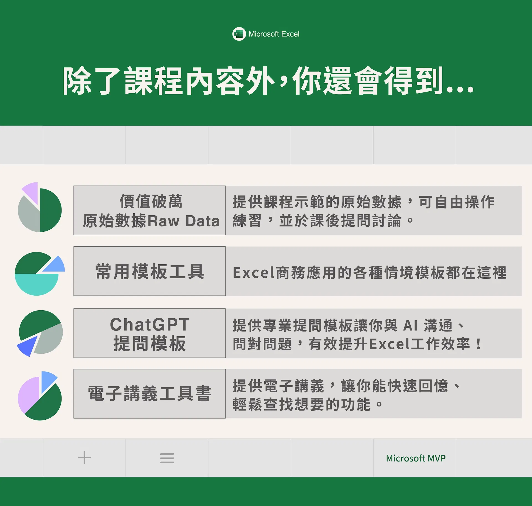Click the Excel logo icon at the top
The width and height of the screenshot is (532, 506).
[239, 34]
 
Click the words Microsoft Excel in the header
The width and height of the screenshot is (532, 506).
[274, 34]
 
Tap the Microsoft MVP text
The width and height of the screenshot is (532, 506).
[416, 458]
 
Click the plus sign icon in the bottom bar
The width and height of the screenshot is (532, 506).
[84, 458]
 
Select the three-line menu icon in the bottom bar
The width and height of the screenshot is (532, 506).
[167, 458]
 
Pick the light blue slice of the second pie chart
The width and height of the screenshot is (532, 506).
[55, 264]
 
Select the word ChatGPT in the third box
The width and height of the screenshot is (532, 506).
[150, 324]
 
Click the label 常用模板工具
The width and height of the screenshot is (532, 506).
[150, 271]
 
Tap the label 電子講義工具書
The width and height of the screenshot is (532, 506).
[150, 393]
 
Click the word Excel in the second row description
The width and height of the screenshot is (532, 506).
[251, 273]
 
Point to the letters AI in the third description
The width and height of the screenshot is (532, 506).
[410, 326]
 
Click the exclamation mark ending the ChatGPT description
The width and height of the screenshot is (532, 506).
[478, 344]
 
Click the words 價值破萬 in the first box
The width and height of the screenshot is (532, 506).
[151, 201]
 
